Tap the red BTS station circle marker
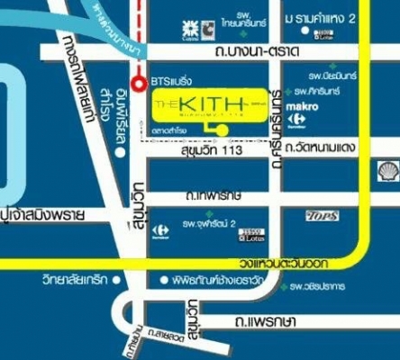(x=138, y=84)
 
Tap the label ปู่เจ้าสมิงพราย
(x=43, y=216)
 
